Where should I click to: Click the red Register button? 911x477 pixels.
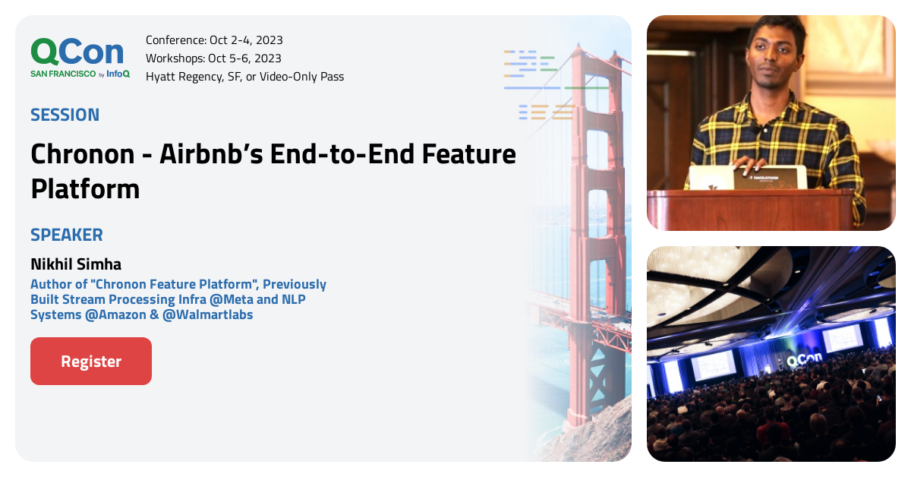tap(91, 361)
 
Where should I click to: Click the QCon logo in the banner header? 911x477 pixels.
tap(77, 52)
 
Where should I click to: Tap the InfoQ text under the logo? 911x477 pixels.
tap(118, 74)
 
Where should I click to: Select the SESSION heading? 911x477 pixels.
tap(65, 115)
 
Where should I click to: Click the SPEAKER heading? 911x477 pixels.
tap(67, 235)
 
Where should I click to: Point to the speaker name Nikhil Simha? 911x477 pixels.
tap(76, 264)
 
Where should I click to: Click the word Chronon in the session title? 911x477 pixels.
tap(83, 154)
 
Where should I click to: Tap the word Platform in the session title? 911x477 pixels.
tap(85, 189)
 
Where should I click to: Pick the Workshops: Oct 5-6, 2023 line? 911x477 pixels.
tap(213, 58)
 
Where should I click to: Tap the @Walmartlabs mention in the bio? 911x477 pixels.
tap(207, 314)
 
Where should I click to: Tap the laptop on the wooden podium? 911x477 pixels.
tap(748, 178)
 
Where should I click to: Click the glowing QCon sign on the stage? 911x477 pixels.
tap(804, 359)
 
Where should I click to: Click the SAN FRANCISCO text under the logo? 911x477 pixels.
tap(63, 74)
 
